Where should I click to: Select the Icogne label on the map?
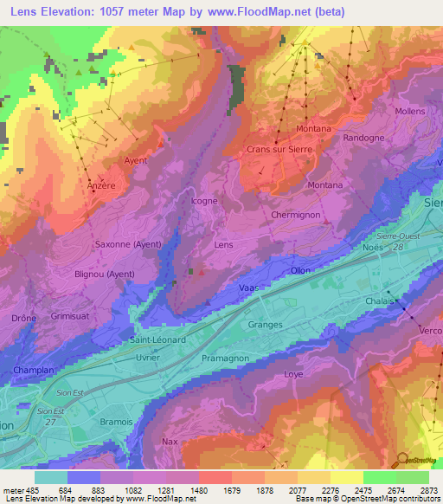coord(203,202)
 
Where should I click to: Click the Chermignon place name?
coord(296,215)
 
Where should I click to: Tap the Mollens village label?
coord(409,112)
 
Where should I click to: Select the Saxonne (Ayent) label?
coord(128,244)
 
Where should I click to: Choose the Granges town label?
coord(265,325)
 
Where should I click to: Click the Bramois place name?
coord(116,422)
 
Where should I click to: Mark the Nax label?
coord(170,442)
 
